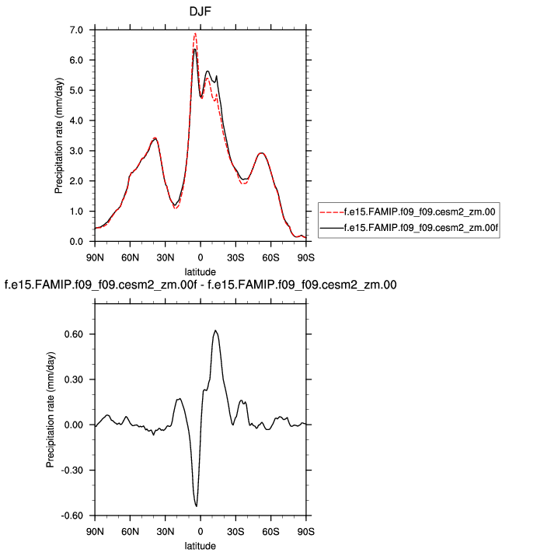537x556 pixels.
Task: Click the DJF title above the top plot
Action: [201, 12]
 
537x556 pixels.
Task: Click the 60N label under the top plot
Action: [129, 256]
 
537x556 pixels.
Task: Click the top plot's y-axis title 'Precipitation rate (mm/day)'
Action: [59, 135]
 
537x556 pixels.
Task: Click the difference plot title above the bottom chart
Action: [201, 285]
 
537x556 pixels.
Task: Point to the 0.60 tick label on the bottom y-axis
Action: [78, 334]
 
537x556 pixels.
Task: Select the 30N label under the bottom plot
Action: [165, 530]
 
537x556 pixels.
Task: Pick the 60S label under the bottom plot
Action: [270, 530]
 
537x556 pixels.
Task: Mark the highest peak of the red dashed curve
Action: [195, 33]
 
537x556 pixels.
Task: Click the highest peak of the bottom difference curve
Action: [215, 330]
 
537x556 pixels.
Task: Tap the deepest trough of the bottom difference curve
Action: [197, 506]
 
